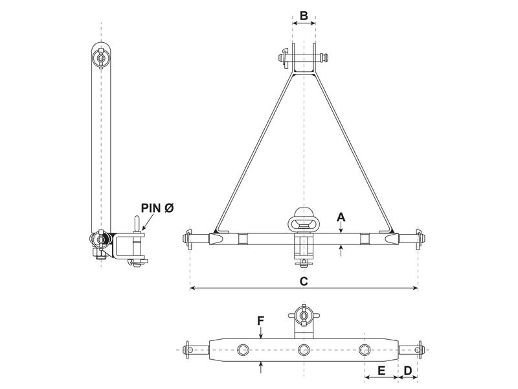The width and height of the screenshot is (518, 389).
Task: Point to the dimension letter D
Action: click(x=408, y=371)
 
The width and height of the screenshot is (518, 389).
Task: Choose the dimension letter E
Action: click(x=381, y=371)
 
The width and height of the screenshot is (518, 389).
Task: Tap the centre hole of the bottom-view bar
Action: click(x=303, y=351)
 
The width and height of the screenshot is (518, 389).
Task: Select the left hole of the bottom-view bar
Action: click(x=243, y=351)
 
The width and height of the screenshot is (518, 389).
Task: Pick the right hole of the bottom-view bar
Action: click(x=364, y=351)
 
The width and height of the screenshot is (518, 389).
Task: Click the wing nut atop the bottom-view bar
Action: click(x=303, y=317)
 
